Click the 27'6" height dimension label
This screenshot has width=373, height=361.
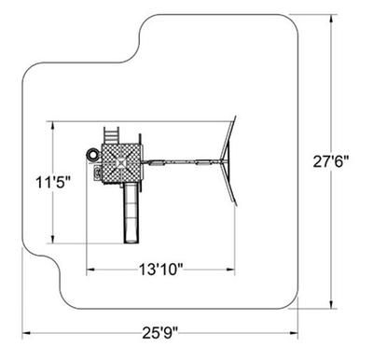[331, 161]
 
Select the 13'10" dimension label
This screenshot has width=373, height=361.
[160, 270]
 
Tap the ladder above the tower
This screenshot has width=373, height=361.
[111, 135]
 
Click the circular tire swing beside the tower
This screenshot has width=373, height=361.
[92, 155]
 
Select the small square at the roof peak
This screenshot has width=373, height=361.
[120, 162]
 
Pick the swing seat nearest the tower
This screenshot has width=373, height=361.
[157, 162]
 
